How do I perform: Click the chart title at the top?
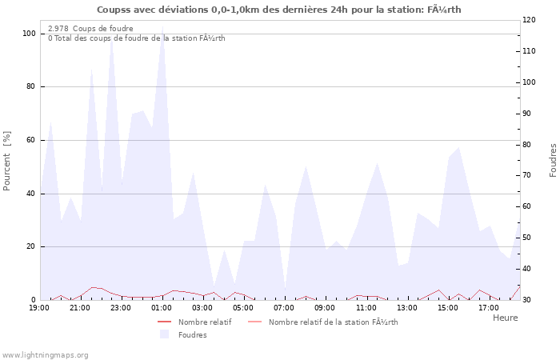click(279, 10)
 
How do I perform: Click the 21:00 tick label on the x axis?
click(80, 307)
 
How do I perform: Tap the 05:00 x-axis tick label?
click(243, 307)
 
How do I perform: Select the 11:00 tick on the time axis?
click(366, 307)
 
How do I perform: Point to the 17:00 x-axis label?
click(489, 307)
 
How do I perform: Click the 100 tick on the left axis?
click(29, 34)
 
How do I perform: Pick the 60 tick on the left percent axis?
click(31, 140)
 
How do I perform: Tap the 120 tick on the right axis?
click(529, 20)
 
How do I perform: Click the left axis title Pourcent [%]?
click(7, 160)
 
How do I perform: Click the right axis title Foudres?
click(553, 160)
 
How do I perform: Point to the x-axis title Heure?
click(505, 318)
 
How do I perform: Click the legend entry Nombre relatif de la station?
click(332, 322)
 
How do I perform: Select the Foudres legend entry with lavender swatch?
click(191, 334)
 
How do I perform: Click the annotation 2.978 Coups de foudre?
click(90, 28)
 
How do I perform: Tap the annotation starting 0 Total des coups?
click(136, 38)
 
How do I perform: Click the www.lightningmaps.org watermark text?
click(45, 354)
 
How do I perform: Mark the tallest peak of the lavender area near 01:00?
click(162, 26)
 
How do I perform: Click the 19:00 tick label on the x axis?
click(39, 307)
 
